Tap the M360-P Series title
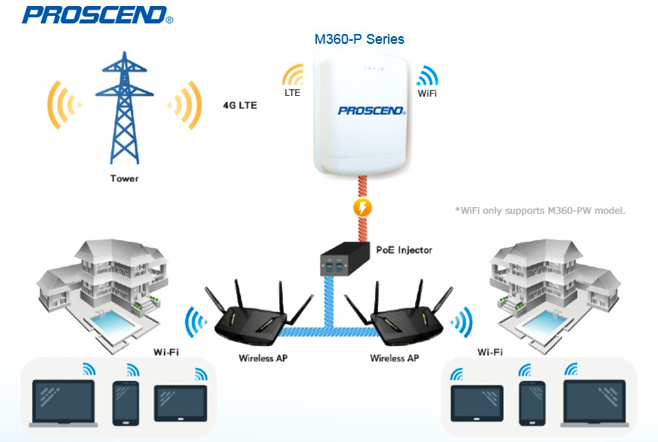click(x=359, y=39)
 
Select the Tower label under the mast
click(x=124, y=179)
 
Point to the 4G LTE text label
click(x=240, y=106)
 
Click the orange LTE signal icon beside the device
click(x=293, y=76)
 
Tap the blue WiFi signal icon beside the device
click(x=427, y=76)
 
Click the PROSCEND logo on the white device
click(x=372, y=111)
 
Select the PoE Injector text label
click(x=403, y=249)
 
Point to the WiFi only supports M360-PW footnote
click(x=540, y=210)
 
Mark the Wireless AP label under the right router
click(x=393, y=357)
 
